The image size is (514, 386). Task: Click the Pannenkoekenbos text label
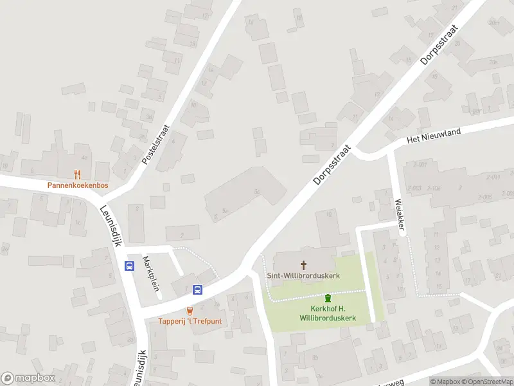(78, 185)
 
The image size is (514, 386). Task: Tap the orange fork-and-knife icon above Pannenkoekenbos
(78, 174)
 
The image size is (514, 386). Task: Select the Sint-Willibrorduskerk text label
(303, 275)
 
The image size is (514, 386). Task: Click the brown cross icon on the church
(303, 264)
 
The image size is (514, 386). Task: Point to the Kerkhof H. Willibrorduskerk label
(328, 313)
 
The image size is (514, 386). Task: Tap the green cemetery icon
(328, 298)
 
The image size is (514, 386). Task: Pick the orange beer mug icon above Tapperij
(190, 311)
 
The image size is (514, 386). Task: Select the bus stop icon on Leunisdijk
(130, 266)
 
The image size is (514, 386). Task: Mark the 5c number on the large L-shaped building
(256, 190)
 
